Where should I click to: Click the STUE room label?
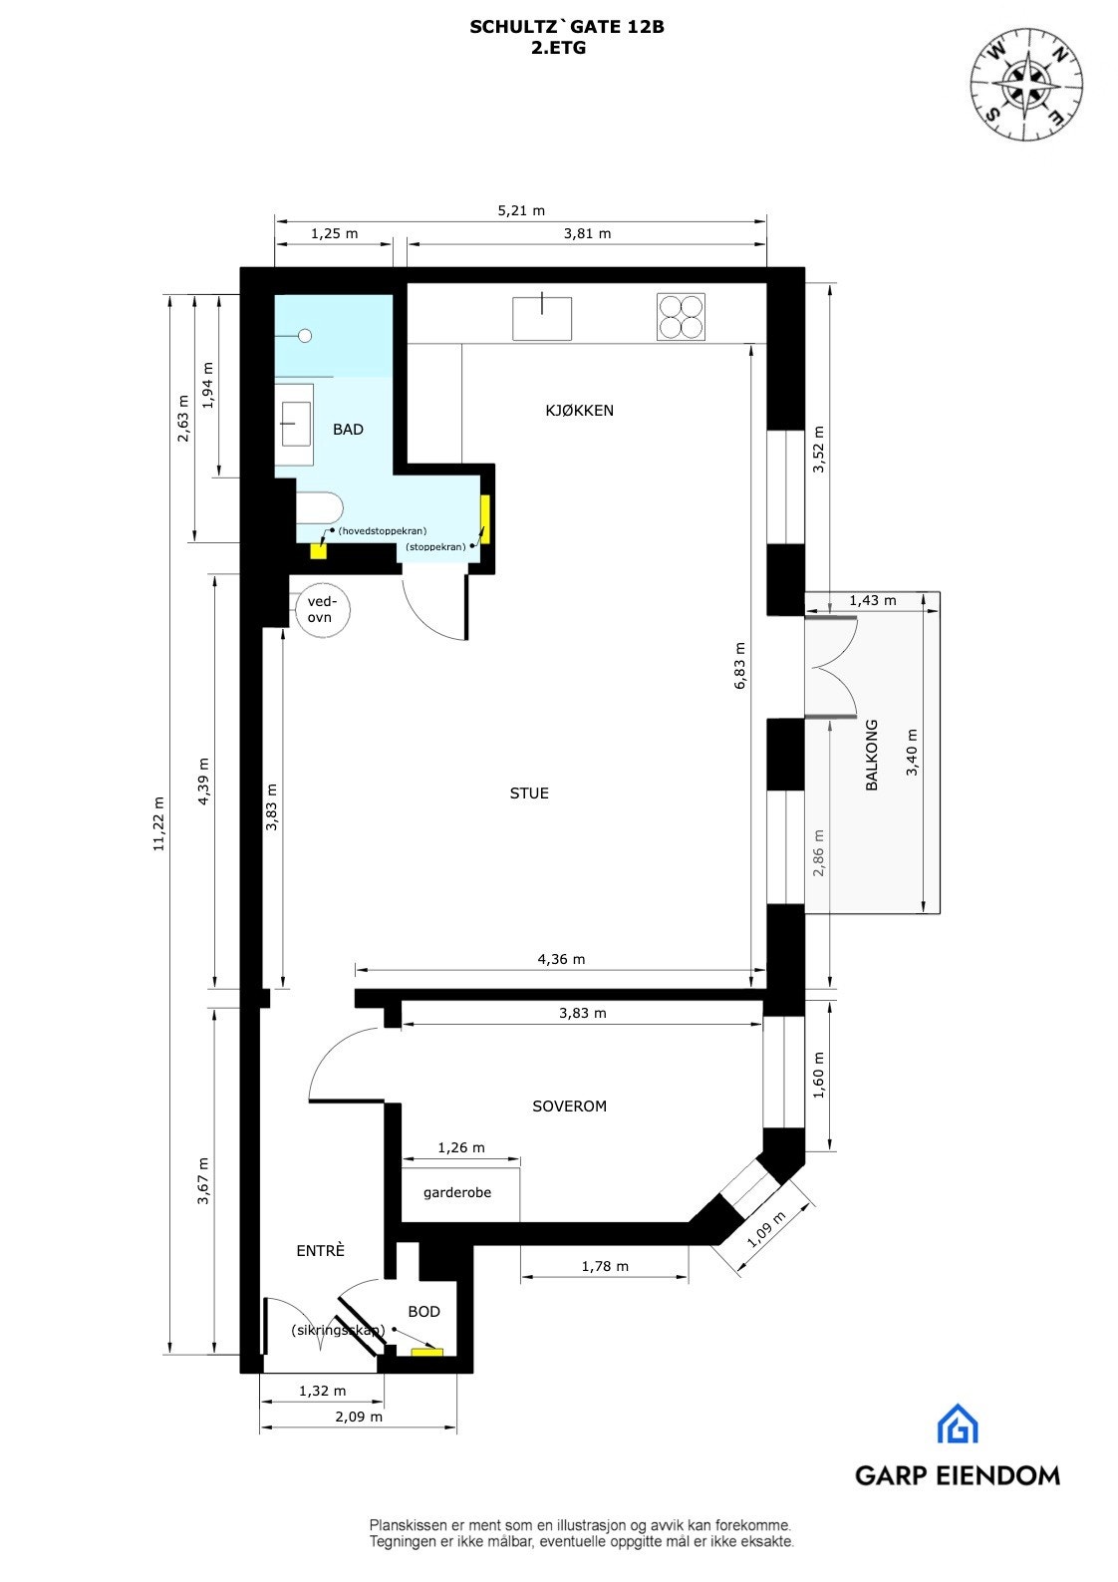coord(529,793)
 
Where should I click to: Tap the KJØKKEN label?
coord(579,411)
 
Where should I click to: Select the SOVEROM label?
coord(569,1107)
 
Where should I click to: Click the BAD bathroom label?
coord(348,430)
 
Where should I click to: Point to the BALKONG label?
coord(872,756)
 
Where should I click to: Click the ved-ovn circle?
coord(322,610)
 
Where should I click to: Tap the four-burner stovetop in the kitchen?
coord(681,317)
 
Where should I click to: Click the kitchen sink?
coord(542,317)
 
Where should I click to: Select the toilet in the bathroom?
coord(320,509)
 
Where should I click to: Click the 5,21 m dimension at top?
coord(521,210)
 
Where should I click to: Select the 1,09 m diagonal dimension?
coord(766,1229)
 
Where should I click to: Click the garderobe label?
coord(457,1192)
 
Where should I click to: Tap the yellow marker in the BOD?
coord(427,1352)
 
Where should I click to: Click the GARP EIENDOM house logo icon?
coord(957,1424)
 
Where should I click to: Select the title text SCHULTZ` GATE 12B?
coord(567,28)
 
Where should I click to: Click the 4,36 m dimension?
coord(561,959)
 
